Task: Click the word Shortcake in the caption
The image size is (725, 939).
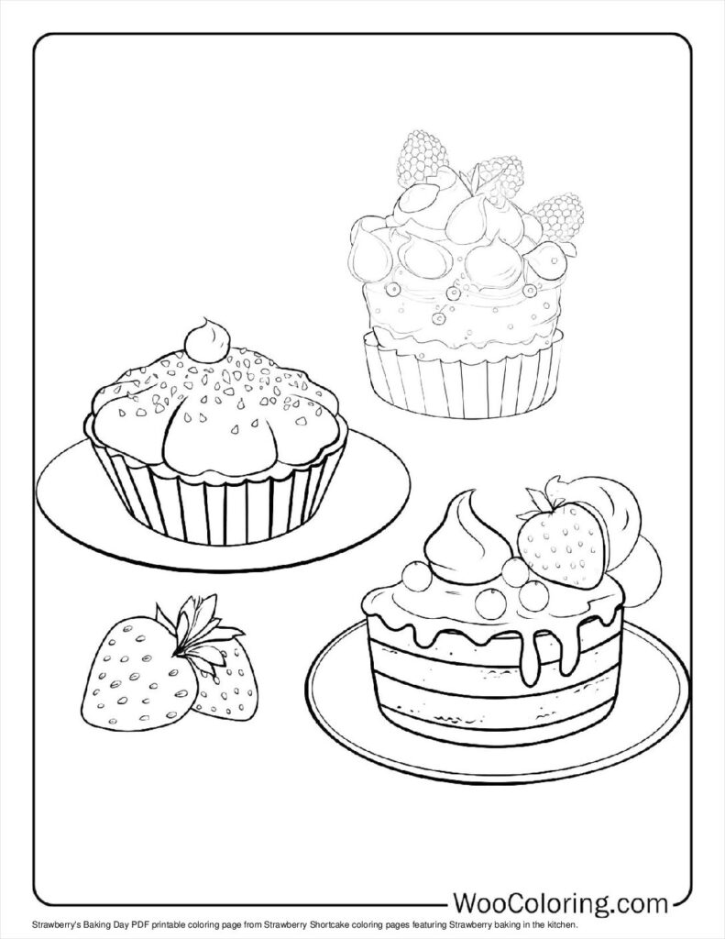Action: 332,927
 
